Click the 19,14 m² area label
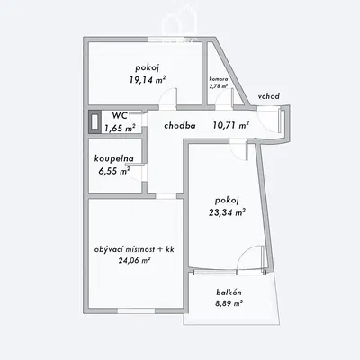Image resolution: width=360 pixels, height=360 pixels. point(148,80)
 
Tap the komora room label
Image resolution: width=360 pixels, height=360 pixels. point(219,79)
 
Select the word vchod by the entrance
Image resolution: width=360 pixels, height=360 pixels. point(269,96)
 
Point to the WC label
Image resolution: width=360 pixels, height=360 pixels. point(120,115)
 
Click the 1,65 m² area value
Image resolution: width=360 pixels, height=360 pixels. point(119,129)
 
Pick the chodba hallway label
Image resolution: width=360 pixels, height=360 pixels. point(180,126)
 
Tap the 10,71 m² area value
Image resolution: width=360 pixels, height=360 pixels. point(231,125)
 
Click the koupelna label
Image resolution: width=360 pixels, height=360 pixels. point(114,159)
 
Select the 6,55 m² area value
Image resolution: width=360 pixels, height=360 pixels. point(114,171)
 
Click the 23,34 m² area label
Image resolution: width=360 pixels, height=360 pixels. point(227,212)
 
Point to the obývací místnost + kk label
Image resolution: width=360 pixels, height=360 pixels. point(134,249)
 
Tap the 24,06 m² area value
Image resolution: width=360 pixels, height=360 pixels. point(134,260)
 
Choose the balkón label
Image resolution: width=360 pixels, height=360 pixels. point(229,292)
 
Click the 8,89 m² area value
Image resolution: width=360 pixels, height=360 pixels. point(229,303)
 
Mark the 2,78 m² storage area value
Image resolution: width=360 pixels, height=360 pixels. point(219,86)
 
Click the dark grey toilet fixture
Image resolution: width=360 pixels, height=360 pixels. point(94,122)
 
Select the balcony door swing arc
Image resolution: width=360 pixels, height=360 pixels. point(244,252)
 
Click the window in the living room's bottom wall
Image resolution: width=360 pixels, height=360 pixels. point(136,310)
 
